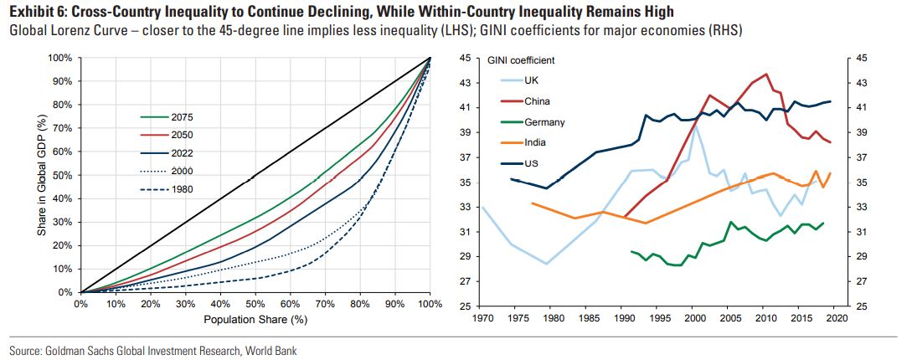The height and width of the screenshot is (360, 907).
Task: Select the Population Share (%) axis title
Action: (254, 320)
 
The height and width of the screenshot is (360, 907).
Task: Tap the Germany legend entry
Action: (544, 121)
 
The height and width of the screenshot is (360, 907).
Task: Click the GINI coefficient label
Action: (521, 60)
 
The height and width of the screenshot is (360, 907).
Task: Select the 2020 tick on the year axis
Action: (837, 318)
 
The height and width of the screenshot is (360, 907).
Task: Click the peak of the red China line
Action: (766, 75)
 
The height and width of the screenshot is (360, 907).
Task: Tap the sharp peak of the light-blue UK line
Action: (694, 125)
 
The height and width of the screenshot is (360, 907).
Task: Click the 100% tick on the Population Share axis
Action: (429, 303)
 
